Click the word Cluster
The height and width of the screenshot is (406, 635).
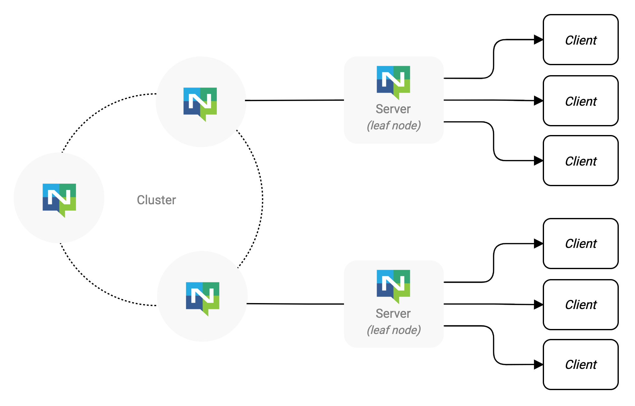(x=156, y=200)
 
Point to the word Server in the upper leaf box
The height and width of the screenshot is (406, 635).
(x=393, y=109)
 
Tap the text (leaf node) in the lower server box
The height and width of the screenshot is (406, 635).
(x=394, y=330)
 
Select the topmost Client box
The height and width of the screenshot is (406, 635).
(x=580, y=40)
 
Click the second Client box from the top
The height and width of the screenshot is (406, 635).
(x=580, y=101)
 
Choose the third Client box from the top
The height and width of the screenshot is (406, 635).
(x=580, y=161)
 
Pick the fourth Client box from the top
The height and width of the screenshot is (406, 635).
(x=580, y=244)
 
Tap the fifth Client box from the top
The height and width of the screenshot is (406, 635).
(x=580, y=305)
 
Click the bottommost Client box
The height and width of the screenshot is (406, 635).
(x=580, y=365)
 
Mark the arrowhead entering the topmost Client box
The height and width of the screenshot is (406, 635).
(x=538, y=40)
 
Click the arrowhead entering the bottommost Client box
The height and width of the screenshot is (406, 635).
(x=538, y=364)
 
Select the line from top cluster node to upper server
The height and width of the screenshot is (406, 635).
(x=294, y=100)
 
